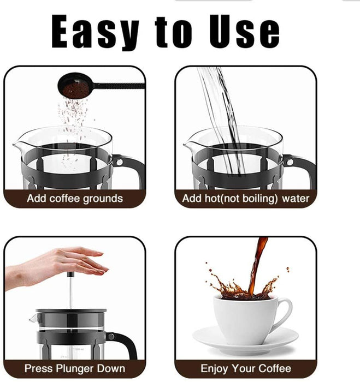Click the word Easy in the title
pyautogui.click(x=96, y=32)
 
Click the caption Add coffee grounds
pyautogui.click(x=75, y=199)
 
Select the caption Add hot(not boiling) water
pyautogui.click(x=246, y=199)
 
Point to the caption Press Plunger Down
pyautogui.click(x=75, y=369)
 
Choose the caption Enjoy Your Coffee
pyautogui.click(x=245, y=369)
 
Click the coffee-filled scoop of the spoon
pyautogui.click(x=73, y=86)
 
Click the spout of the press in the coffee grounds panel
pyautogui.click(x=17, y=147)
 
